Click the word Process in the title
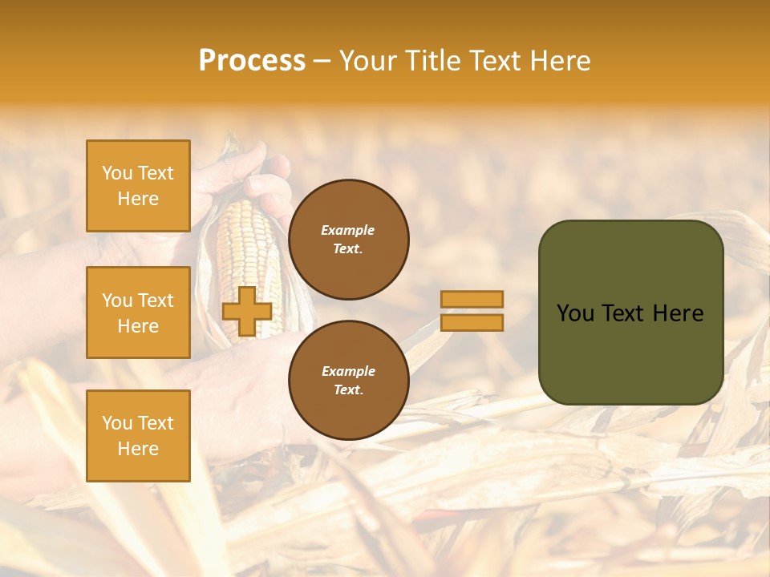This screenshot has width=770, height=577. point(252,61)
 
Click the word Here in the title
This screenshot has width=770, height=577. point(561,61)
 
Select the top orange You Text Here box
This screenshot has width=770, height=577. point(138,186)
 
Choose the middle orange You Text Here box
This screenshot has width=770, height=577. point(138,313)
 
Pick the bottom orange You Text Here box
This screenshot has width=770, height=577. point(138,436)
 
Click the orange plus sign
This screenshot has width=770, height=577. point(247,311)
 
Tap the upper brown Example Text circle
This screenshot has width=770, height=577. point(348,240)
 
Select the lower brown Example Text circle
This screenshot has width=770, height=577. point(348,381)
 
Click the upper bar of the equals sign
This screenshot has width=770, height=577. point(472,299)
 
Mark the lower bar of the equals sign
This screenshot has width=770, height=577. point(472,323)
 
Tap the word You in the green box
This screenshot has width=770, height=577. point(577,313)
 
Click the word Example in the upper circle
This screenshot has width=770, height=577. point(348,230)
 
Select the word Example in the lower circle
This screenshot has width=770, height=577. point(348,371)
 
